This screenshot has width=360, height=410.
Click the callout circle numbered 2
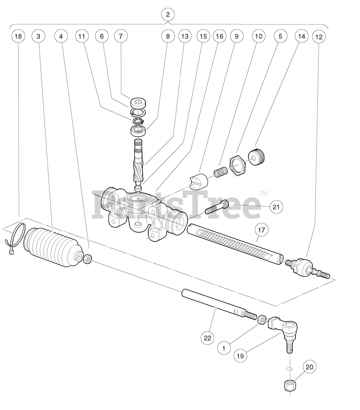pyautogui.click(x=168, y=15)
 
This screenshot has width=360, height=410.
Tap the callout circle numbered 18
pyautogui.click(x=18, y=37)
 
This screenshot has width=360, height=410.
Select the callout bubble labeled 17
pyautogui.click(x=262, y=230)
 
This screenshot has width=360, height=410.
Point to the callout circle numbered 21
pyautogui.click(x=276, y=207)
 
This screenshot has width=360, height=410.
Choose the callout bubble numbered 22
pyautogui.click(x=207, y=338)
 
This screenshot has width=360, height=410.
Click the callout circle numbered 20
pyautogui.click(x=310, y=367)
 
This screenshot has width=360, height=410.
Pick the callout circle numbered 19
pyautogui.click(x=240, y=356)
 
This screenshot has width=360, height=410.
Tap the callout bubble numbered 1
pyautogui.click(x=224, y=348)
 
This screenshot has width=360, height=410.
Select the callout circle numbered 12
pyautogui.click(x=319, y=37)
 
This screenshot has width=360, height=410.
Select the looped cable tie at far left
pyautogui.click(x=15, y=239)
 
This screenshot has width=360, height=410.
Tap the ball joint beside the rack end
pyautogui.click(x=303, y=267)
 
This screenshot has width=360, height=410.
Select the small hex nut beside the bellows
pyautogui.click(x=88, y=259)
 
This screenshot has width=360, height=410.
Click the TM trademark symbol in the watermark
pyautogui.click(x=264, y=193)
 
